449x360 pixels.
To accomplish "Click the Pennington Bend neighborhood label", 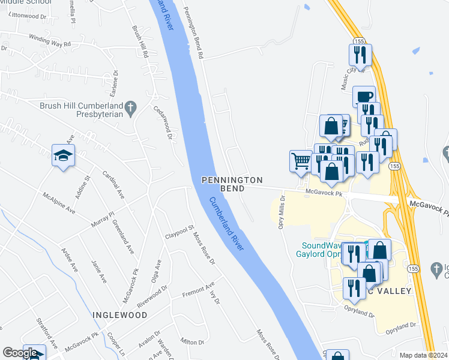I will point(232,184).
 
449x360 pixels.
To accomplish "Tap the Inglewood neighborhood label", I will point(119,314).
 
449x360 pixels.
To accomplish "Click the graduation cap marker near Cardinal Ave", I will point(63,156).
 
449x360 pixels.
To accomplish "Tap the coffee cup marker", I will point(364,96).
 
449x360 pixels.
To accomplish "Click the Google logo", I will point(20,353).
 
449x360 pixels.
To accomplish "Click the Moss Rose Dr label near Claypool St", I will point(203,247).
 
